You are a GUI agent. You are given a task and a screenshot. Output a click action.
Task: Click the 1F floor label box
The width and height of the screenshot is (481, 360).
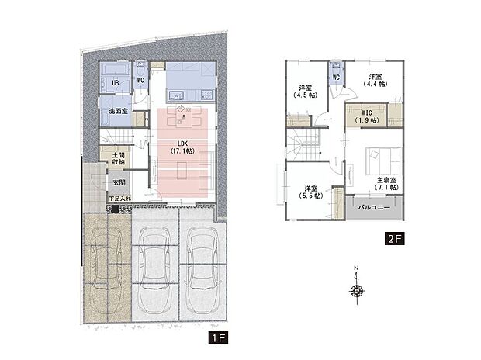tap(218, 338)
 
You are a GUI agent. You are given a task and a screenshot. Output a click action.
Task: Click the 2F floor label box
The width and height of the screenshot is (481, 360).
tap(395, 238)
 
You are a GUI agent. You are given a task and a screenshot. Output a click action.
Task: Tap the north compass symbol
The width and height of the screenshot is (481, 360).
tap(357, 286)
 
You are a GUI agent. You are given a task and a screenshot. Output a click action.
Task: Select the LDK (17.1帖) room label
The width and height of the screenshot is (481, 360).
tap(182, 147)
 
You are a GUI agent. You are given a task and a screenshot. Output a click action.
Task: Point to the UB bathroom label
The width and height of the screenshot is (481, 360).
tap(116, 83)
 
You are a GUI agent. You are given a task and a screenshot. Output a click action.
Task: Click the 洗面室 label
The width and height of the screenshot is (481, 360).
tap(118, 111)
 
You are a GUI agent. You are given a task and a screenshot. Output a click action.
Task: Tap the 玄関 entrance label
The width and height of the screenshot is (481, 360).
tap(119, 182)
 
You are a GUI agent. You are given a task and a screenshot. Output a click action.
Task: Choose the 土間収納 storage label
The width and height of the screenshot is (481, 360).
tap(118, 159)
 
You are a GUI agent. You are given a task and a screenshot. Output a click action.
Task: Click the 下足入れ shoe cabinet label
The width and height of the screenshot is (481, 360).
tap(120, 199)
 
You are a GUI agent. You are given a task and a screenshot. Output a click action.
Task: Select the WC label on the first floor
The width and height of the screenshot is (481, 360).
tap(140, 81)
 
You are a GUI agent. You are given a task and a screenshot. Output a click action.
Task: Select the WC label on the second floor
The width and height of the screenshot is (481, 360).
tap(336, 78)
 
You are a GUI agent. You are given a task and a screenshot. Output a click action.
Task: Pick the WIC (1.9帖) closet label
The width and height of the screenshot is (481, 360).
tap(367, 116)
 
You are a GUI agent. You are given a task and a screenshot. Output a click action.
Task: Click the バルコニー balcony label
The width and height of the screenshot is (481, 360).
tap(374, 208)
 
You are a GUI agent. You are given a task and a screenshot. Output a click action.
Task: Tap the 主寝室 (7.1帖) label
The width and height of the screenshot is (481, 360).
tap(386, 184)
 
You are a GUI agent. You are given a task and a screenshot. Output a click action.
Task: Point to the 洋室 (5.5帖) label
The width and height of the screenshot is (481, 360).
tap(311, 192)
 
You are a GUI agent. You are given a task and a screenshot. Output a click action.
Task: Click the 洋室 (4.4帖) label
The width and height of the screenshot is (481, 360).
tap(375, 81)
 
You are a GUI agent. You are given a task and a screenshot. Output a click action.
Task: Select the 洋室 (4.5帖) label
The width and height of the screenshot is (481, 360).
tap(305, 92)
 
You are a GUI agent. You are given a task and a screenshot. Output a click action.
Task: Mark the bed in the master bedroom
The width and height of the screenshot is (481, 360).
tap(383, 161)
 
